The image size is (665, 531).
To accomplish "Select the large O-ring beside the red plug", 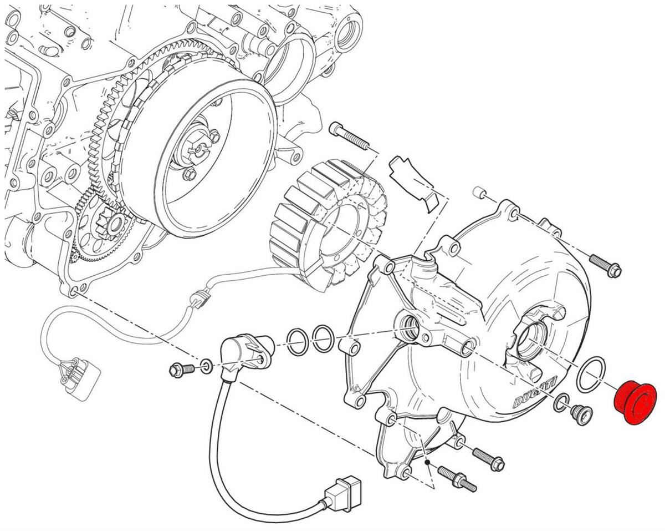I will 590,375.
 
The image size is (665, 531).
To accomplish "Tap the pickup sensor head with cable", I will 244,355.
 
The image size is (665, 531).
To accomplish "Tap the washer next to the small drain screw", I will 561,404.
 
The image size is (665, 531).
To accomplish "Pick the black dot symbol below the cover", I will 428,462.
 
